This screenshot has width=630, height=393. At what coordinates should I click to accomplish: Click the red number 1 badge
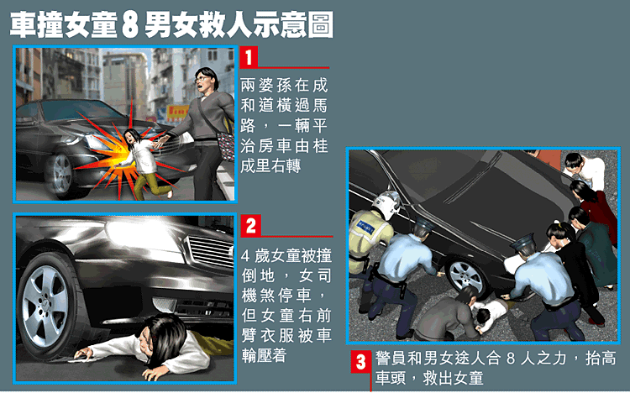click(249, 57)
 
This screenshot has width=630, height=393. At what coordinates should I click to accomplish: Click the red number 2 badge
click(250, 225)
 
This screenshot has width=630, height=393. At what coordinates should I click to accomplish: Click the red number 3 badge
click(361, 361)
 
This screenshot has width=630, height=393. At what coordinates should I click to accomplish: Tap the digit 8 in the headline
click(129, 25)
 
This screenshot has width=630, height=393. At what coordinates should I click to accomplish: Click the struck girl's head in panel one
click(131, 137)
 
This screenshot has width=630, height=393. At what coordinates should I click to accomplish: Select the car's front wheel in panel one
click(60, 174)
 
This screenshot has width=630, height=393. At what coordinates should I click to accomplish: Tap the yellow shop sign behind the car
click(177, 113)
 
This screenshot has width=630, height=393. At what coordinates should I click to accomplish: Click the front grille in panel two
click(210, 252)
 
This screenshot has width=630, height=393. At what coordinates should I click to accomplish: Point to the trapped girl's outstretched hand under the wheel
click(83, 354)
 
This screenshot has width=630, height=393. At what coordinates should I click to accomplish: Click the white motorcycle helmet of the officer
click(386, 205)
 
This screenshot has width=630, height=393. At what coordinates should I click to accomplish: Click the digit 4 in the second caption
click(246, 256)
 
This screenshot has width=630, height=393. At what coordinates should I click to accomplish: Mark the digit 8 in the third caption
click(510, 359)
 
